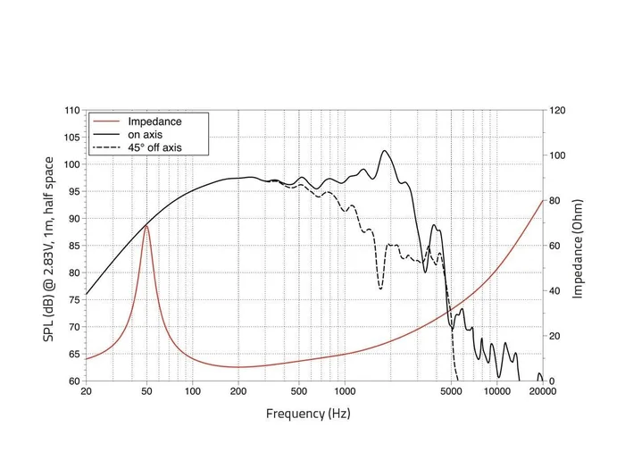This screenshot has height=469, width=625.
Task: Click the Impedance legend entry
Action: pos(154,121)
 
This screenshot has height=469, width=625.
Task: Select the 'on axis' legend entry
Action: pos(146,135)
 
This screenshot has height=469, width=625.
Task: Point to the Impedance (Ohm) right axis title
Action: pos(579,246)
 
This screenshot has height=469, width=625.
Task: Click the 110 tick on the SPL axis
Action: pos(71,111)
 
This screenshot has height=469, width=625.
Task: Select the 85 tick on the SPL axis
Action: pos(74,246)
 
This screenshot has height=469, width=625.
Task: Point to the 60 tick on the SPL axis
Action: pos(74,381)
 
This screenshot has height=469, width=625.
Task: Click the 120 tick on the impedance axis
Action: pos(558,111)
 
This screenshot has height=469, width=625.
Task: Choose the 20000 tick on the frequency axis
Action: pos(542,392)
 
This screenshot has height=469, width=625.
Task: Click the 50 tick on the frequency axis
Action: pos(146,392)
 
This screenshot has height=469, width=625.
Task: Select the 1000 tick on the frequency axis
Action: pos(345,392)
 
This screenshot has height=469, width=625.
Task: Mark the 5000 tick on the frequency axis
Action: pos(451,392)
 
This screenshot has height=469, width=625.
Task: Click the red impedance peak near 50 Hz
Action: pos(146,226)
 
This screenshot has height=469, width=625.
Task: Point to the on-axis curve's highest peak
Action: pos(386,151)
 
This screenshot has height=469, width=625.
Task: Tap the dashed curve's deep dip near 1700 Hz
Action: pos(380,289)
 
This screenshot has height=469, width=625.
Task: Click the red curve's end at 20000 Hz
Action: pos(542,200)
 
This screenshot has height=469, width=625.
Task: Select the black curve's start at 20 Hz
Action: pos(86,295)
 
